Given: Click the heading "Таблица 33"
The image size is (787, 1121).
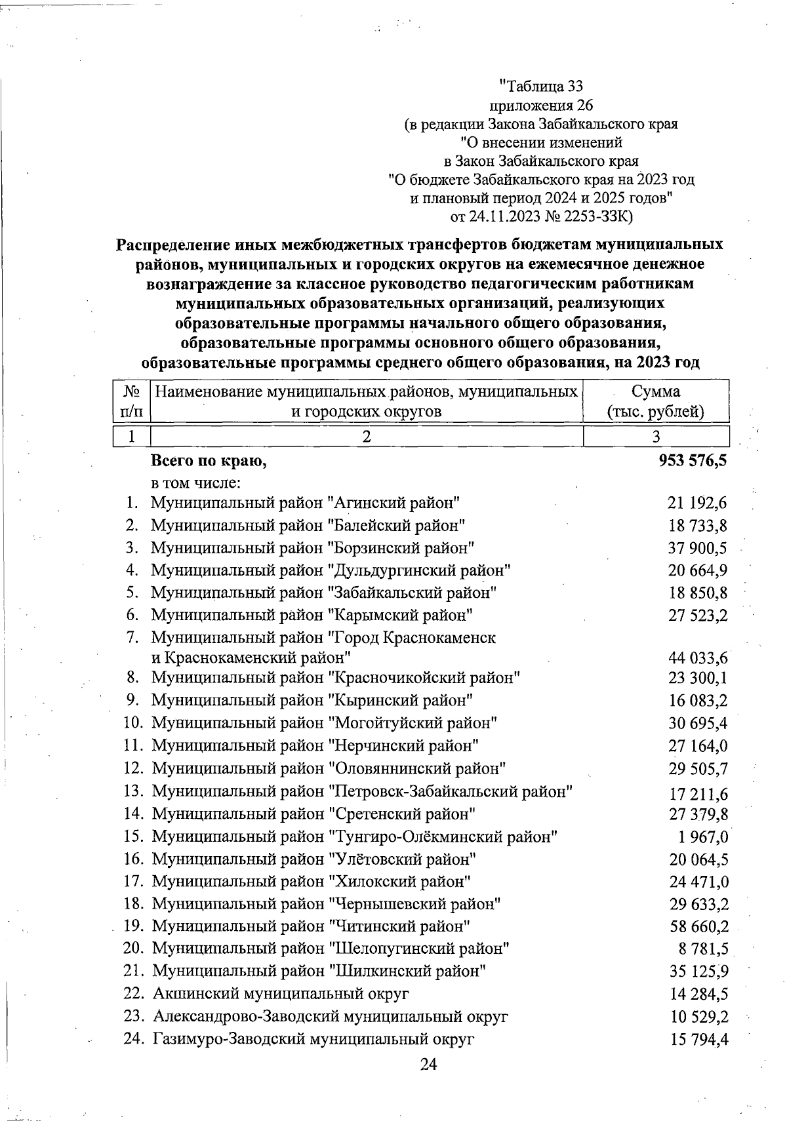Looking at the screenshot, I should pyautogui.click(x=540, y=86).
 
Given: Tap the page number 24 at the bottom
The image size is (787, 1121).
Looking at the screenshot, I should pyautogui.click(x=428, y=1064).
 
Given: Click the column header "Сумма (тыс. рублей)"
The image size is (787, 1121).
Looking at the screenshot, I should pyautogui.click(x=656, y=401).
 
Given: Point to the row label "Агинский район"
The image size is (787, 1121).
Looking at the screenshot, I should pyautogui.click(x=305, y=503).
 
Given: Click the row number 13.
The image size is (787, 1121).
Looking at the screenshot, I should pyautogui.click(x=133, y=791).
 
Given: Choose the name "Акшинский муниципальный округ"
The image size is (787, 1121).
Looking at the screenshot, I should pyautogui.click(x=281, y=993).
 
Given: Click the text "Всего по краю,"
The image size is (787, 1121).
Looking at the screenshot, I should pyautogui.click(x=209, y=461).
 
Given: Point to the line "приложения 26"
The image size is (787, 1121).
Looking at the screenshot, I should pyautogui.click(x=540, y=104).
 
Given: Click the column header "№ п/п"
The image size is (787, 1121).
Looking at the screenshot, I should pyautogui.click(x=132, y=401).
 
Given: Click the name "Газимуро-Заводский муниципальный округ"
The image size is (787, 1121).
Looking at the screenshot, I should pyautogui.click(x=313, y=1038).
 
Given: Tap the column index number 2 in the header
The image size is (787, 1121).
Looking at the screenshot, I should pyautogui.click(x=367, y=437).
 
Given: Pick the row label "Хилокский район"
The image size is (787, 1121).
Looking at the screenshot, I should pyautogui.click(x=312, y=881).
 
